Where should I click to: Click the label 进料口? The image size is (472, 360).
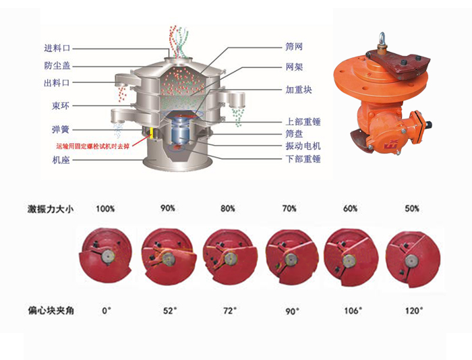tap(57, 48)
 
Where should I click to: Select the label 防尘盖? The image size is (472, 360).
tap(57, 65)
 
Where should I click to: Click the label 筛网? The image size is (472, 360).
tap(294, 47)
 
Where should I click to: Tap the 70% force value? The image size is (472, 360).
tap(289, 209)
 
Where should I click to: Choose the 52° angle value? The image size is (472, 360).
tap(171, 311)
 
